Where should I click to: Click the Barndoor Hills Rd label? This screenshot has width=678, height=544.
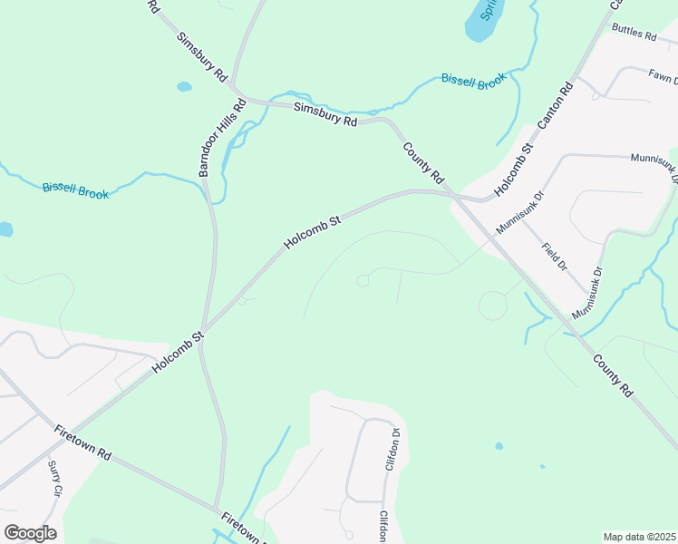pos(223,136)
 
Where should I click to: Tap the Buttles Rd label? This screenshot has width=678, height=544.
pos(634,34)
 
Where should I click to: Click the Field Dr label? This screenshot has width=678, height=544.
pos(554,257)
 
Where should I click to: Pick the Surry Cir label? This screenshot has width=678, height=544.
pos(54,478)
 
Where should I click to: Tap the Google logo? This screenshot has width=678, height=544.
pos(30,532)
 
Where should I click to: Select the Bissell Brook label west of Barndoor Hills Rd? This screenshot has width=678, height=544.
pos(75,191)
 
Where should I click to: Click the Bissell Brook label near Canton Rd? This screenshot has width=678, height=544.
pos(472,80)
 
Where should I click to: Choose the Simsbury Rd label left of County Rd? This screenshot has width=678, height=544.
pos(325,115)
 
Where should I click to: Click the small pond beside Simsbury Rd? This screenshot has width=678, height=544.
pos(184,87)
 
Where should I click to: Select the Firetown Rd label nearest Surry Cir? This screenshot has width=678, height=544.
pos(82,442)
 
